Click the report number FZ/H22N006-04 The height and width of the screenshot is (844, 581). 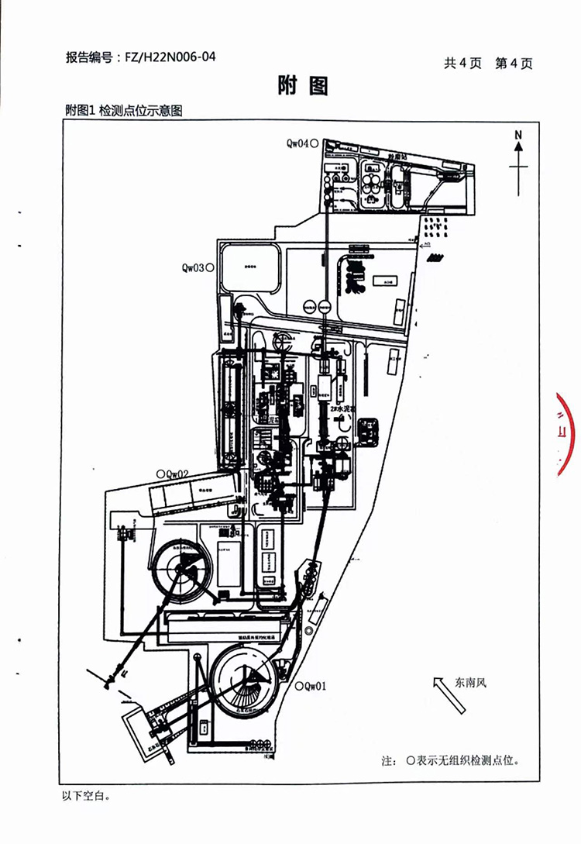pyautogui.click(x=170, y=57)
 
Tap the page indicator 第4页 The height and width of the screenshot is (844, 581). pyautogui.click(x=514, y=64)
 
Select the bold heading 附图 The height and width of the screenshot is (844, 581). pyautogui.click(x=303, y=87)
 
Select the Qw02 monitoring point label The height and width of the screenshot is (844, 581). pyautogui.click(x=177, y=474)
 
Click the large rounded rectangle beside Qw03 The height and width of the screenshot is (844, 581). pyautogui.click(x=249, y=269)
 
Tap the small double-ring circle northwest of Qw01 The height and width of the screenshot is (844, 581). pyautogui.click(x=308, y=630)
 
